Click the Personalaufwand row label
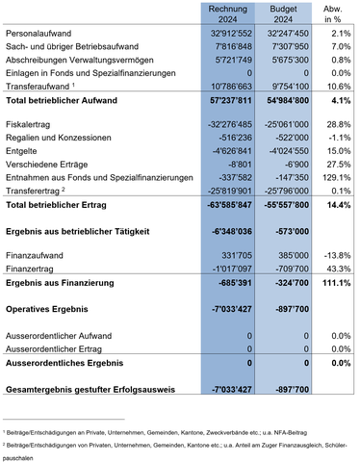(x=38, y=34)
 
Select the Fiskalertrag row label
(x=29, y=125)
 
